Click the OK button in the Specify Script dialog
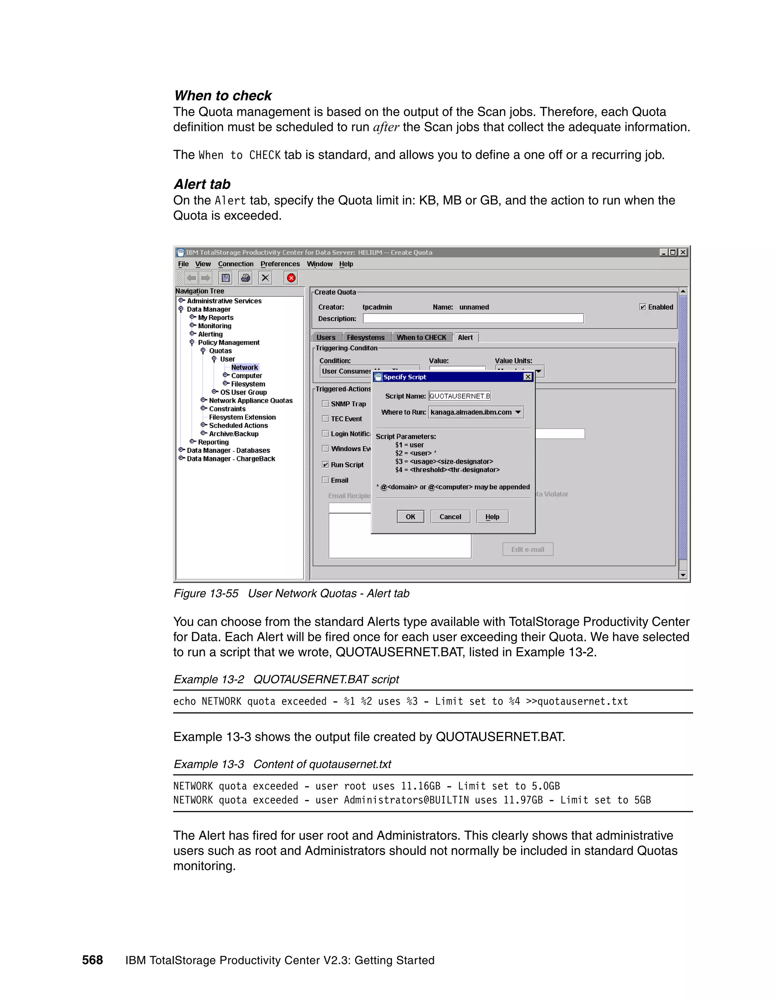pos(410,517)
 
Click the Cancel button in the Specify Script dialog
pos(450,517)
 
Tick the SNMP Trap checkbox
pos(325,404)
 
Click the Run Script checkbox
pos(325,465)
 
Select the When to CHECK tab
pos(421,338)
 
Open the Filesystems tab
pos(366,338)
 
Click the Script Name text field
pos(459,396)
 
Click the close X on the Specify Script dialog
pos(528,377)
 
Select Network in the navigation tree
pos(244,368)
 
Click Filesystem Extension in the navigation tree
pos(242,417)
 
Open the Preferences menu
pos(280,264)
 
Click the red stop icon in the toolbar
pos(291,278)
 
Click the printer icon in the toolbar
pos(246,278)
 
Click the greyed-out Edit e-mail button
pos(528,549)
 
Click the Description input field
pos(473,318)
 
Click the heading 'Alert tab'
pos(202,184)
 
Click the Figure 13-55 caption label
pos(206,593)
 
